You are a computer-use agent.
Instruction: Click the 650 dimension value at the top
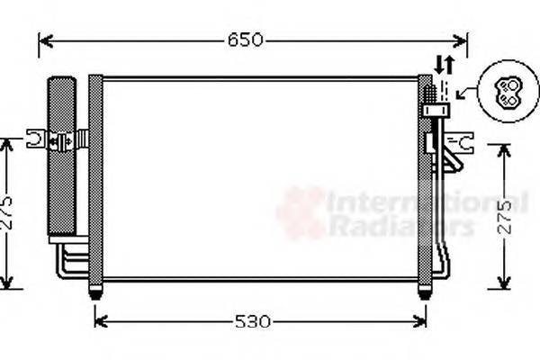click(x=245, y=40)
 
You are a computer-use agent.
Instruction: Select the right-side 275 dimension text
click(x=505, y=217)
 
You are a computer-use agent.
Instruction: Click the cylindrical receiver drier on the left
click(x=62, y=157)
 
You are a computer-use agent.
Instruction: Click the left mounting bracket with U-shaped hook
click(x=38, y=139)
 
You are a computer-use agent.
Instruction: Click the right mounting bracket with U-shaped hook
click(x=463, y=140)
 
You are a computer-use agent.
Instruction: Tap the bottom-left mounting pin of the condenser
click(x=95, y=292)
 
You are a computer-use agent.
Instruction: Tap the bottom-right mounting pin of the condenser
click(x=425, y=292)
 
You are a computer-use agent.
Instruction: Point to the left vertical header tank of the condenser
click(x=95, y=180)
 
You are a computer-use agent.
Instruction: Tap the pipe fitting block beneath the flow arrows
click(x=436, y=110)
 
